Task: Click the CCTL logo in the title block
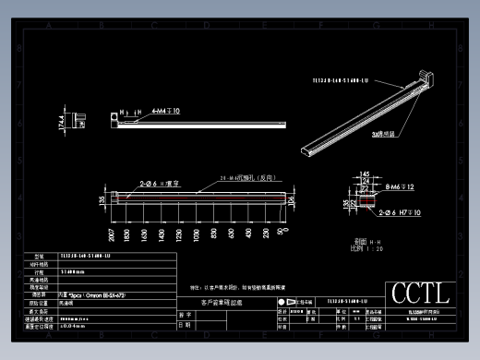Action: click(420, 294)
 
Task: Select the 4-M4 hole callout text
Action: click(165, 111)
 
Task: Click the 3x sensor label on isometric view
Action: click(383, 134)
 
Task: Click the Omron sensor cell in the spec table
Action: click(91, 294)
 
